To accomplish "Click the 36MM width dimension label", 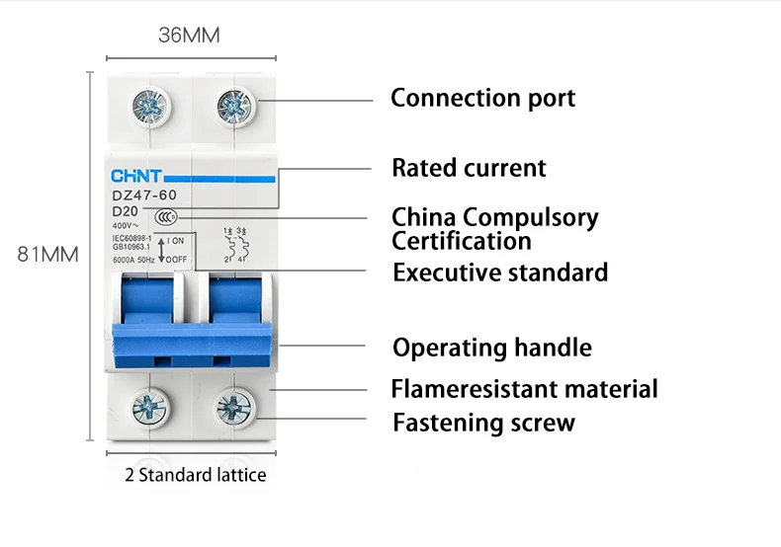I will pos(189,36).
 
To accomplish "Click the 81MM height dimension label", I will pos(47,255).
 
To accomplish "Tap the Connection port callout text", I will pos(482,98).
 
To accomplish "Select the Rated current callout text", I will pos(469,168).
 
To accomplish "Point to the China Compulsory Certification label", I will pos(494,228).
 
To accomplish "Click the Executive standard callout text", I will pos(500,272).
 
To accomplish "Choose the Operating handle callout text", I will pos(492,348).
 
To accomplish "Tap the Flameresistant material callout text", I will pos(524,389).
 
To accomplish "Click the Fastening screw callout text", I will pos(483,424).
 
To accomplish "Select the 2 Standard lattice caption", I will pos(195,475).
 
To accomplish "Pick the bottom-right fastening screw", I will pos(233,406).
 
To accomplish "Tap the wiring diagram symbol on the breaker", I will pos(234,244).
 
